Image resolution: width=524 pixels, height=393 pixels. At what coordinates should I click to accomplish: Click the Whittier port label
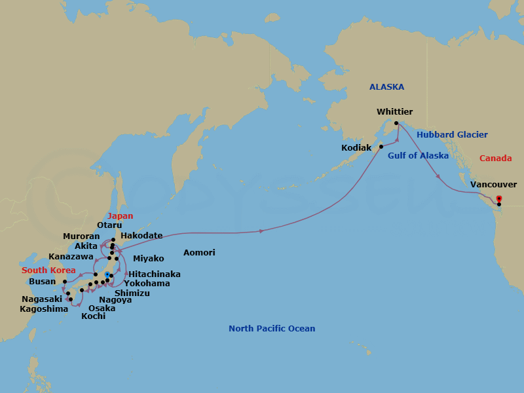point(395,112)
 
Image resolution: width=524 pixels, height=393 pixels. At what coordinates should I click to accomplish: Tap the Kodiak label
point(356,148)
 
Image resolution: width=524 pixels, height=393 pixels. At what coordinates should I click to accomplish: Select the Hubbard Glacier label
point(452,135)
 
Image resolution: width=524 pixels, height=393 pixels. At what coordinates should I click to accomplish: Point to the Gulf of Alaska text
point(418,156)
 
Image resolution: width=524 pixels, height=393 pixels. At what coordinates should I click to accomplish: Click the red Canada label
point(495,159)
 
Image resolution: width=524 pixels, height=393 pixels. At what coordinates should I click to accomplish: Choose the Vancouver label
point(493,185)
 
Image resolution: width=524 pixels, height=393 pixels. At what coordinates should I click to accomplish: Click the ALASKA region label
point(386,86)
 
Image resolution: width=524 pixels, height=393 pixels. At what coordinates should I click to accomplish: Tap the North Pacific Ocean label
point(271,329)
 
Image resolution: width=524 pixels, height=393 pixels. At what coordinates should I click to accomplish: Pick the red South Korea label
point(48,271)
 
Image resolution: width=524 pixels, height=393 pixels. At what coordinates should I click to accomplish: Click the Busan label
point(43,282)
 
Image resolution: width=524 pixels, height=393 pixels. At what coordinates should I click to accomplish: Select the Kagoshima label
point(44,309)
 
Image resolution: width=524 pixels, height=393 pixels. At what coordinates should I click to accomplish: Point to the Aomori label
point(199,253)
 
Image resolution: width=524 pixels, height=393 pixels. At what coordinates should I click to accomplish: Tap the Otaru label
point(109,225)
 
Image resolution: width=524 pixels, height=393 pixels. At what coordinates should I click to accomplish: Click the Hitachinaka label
point(155,274)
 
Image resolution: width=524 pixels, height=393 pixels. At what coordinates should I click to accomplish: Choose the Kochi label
point(93,316)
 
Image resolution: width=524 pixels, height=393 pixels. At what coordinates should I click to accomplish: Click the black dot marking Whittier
point(396,123)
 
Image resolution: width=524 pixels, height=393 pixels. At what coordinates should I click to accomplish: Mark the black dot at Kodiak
point(381,147)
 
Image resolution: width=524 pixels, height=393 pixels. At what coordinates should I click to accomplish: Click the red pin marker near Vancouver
point(499,198)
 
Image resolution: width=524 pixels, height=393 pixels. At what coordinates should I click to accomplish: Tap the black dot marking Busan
point(64,282)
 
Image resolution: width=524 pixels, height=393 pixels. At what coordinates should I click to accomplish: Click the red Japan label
point(121,216)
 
